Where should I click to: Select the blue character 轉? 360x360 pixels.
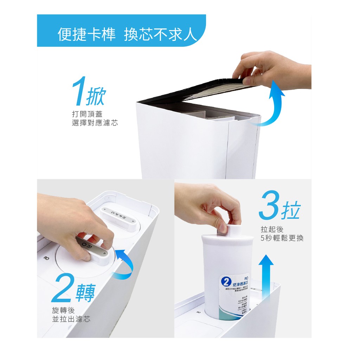click(x=85, y=292)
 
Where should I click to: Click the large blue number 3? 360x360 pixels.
click(x=269, y=210)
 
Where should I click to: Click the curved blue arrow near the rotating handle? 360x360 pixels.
click(x=126, y=264)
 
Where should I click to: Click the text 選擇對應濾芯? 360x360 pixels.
click(x=95, y=123)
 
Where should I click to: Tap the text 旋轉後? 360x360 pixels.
click(x=63, y=311)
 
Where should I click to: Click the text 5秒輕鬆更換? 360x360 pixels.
click(x=282, y=238)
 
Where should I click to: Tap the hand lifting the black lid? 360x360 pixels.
click(x=271, y=70)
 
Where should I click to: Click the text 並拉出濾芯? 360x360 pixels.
click(x=71, y=319)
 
